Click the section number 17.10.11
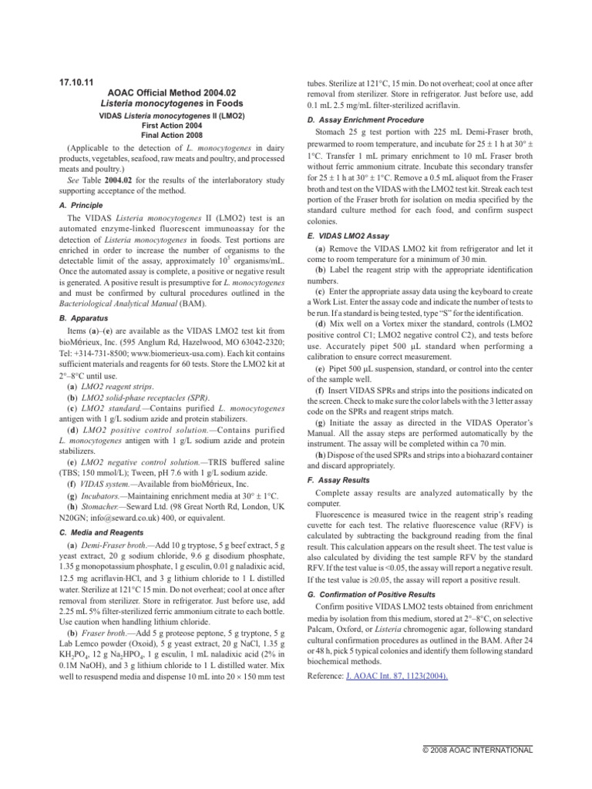[76, 81]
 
